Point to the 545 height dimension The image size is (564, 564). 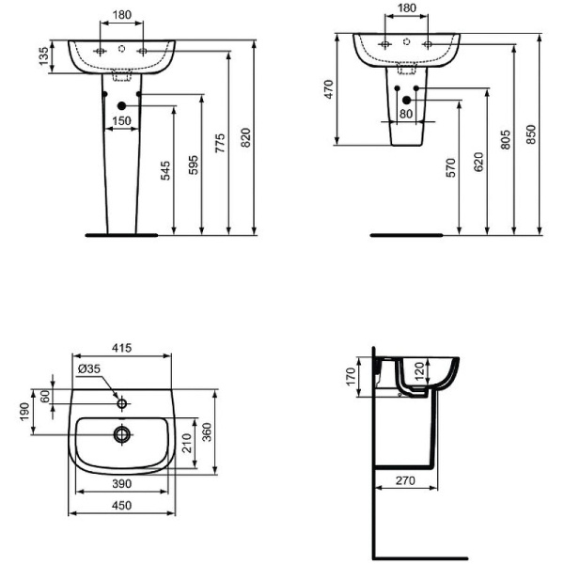[x=166, y=170]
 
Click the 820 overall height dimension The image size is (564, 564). [x=246, y=138]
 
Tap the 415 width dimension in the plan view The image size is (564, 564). [x=122, y=349]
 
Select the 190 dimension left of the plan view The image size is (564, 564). [x=24, y=411]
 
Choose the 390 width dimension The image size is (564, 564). [x=122, y=482]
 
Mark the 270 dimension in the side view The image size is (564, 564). [x=406, y=481]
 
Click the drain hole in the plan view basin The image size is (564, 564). [x=121, y=434]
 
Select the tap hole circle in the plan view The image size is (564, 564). [x=121, y=404]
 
